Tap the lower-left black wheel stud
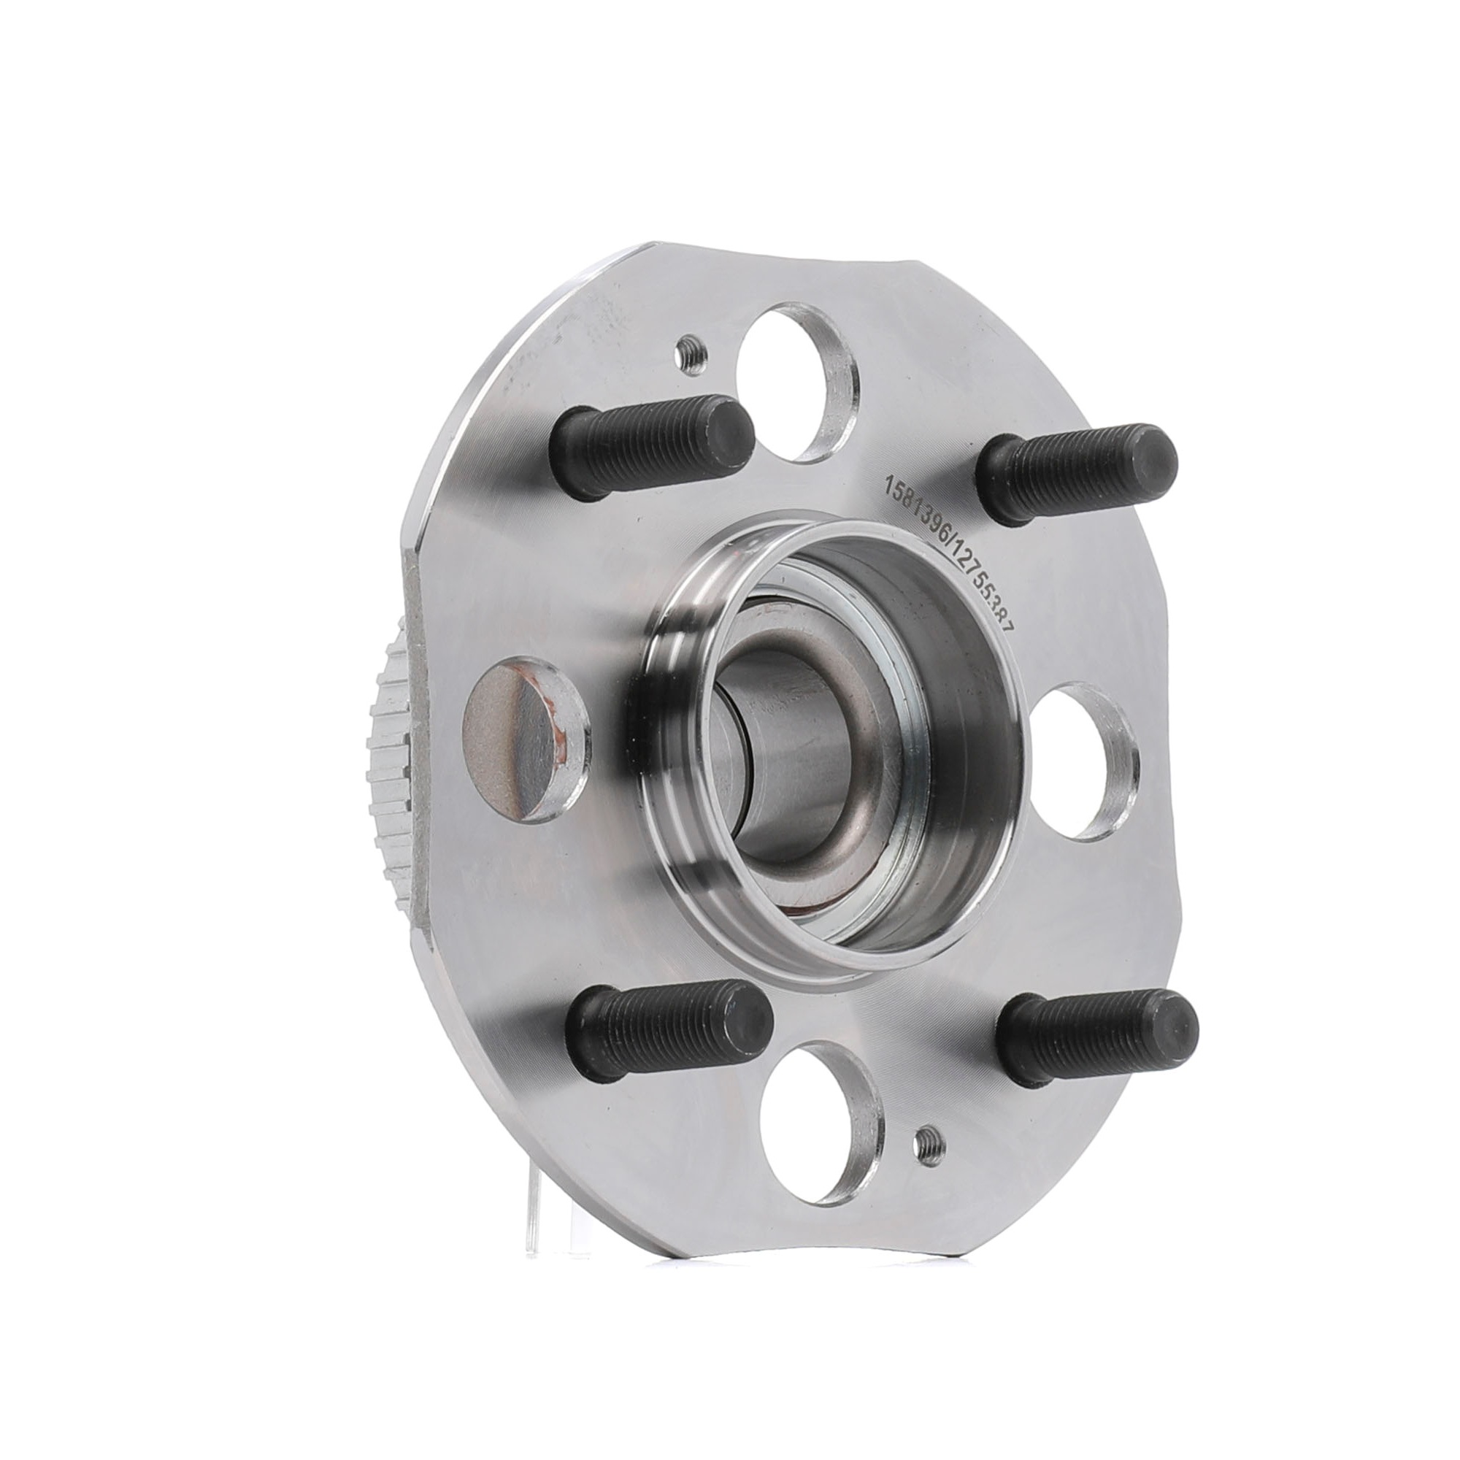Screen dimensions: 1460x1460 (x=665, y=1034)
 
